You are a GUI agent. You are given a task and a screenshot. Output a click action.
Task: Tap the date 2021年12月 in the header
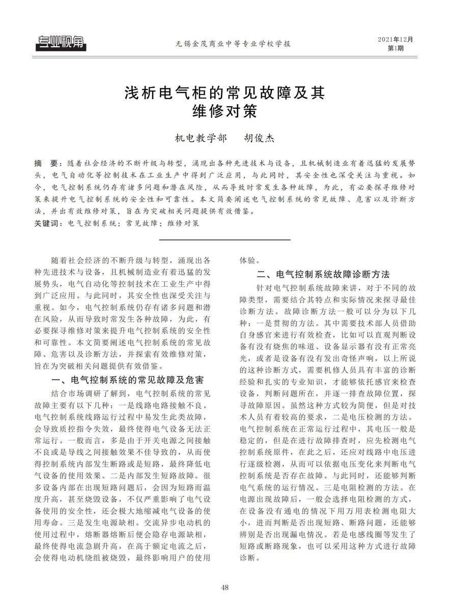pyautogui.click(x=396, y=39)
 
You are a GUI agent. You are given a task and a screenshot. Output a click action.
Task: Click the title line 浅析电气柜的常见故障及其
pyautogui.click(x=224, y=94)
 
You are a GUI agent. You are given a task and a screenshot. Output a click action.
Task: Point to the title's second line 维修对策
pyautogui.click(x=224, y=111)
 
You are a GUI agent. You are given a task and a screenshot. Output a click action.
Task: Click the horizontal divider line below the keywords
pyautogui.click(x=224, y=239)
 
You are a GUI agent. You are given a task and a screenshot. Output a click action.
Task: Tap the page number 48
pyautogui.click(x=225, y=588)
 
